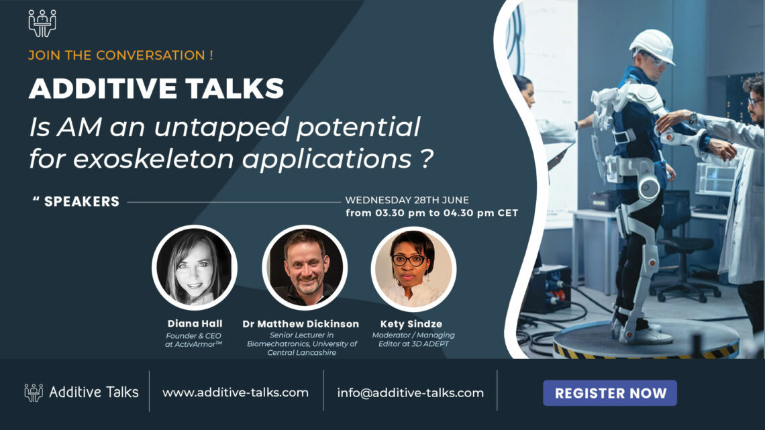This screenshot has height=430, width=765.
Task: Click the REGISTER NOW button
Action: (609, 393)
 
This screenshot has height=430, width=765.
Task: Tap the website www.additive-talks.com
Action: (236, 392)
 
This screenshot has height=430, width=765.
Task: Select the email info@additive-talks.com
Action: (410, 393)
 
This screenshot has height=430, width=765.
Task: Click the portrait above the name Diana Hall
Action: (194, 267)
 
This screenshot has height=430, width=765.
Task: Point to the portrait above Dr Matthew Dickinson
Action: (304, 267)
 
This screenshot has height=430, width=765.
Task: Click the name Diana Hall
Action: (194, 324)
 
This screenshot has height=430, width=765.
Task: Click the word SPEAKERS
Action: (81, 201)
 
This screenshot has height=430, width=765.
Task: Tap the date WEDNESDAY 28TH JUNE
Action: (407, 200)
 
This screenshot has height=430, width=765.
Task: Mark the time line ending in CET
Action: (431, 213)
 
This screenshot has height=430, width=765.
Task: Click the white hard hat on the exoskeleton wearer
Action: (652, 46)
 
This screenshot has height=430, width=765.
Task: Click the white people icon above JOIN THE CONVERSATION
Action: (42, 22)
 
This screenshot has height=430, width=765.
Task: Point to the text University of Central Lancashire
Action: (303, 348)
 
